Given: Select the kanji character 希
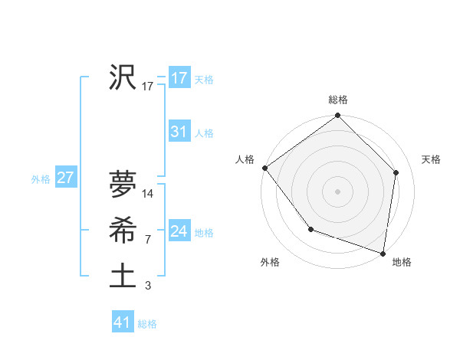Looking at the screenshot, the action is pyautogui.click(x=123, y=229).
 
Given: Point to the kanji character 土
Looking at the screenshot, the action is pyautogui.click(x=123, y=275).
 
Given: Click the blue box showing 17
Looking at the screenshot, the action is pyautogui.click(x=179, y=78).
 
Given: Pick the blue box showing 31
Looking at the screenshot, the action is pyautogui.click(x=179, y=132).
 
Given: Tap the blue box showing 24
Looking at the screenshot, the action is pyautogui.click(x=179, y=231).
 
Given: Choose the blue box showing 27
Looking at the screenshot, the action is pyautogui.click(x=65, y=178).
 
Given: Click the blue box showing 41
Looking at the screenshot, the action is pyautogui.click(x=123, y=322).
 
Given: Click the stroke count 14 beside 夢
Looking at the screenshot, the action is pyautogui.click(x=148, y=194).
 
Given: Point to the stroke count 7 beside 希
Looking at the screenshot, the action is pyautogui.click(x=147, y=240).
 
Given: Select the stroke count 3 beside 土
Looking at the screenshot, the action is pyautogui.click(x=147, y=286).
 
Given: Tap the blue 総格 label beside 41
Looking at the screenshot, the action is pyautogui.click(x=147, y=324).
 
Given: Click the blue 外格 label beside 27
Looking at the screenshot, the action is pyautogui.click(x=41, y=179).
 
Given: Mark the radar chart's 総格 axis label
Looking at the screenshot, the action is pyautogui.click(x=338, y=100).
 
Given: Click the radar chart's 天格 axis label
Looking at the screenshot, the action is pyautogui.click(x=431, y=159).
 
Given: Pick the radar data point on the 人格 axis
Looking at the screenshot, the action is pyautogui.click(x=264, y=168).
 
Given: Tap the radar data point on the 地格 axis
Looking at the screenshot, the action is pyautogui.click(x=383, y=253).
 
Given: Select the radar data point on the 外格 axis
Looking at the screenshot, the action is pyautogui.click(x=310, y=229).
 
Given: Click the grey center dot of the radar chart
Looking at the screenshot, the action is pyautogui.click(x=338, y=191).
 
